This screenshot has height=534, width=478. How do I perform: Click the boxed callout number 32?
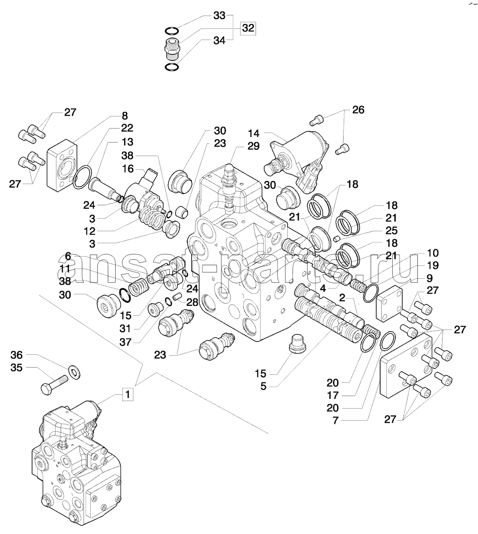tap(248, 28)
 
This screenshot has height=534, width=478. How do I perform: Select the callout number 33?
tap(219, 16)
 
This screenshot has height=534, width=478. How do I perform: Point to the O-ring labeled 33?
tap(172, 32)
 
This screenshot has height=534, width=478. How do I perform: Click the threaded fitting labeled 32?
tap(171, 49)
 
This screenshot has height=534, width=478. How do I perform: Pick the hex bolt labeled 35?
tap(55, 385)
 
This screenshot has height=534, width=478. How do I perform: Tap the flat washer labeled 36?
tap(75, 372)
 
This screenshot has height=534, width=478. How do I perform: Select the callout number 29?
tap(253, 146)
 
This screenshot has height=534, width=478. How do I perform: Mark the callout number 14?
tap(253, 133)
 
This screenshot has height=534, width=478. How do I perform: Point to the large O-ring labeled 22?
tap(82, 177)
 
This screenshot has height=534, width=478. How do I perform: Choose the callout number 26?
tap(358, 110)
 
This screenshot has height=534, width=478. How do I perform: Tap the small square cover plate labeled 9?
tap(390, 303)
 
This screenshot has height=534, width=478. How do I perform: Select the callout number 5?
tap(263, 386)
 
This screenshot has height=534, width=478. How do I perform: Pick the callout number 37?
tap(125, 342)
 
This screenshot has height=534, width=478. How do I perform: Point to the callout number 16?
tap(128, 169)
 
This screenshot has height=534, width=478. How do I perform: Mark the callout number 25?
tap(391, 231)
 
